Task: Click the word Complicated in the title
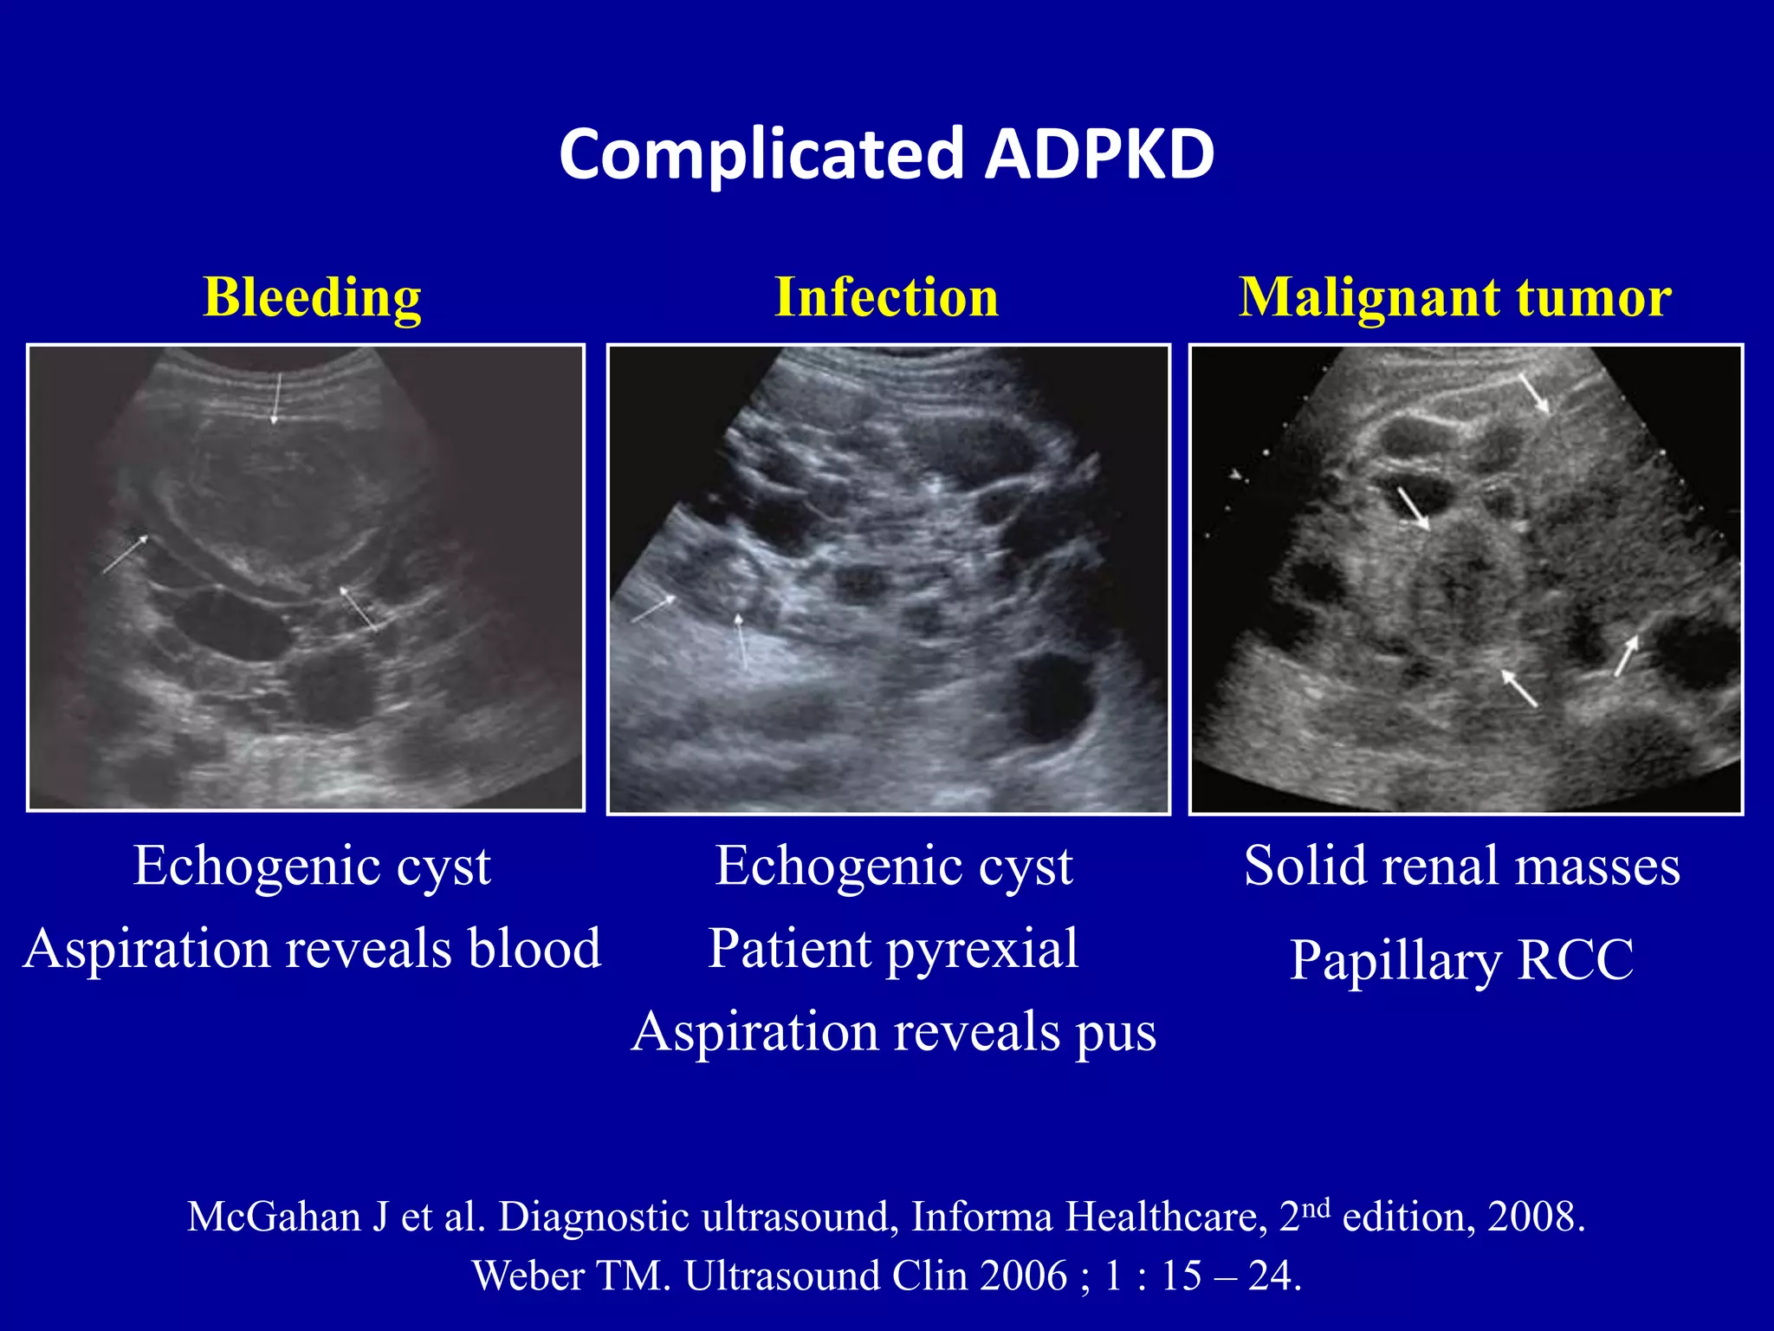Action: (761, 154)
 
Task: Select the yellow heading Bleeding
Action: (312, 297)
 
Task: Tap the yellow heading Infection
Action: (886, 297)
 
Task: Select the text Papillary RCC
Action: (1462, 960)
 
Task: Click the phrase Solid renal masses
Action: (1462, 866)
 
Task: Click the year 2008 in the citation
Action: (1535, 1217)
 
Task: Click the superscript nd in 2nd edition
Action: (1316, 1207)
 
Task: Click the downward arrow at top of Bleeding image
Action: (276, 399)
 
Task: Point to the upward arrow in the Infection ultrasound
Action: (740, 641)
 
